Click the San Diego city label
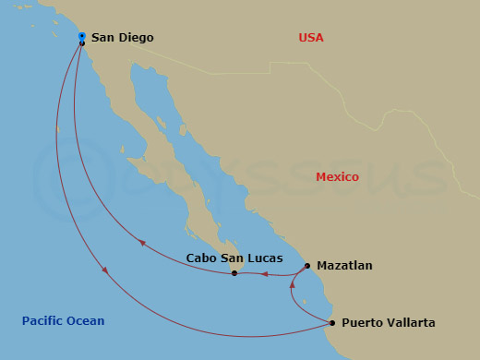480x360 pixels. (x=122, y=38)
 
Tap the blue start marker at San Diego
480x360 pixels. (x=82, y=36)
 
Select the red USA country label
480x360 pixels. (x=311, y=38)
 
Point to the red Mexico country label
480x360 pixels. (x=337, y=177)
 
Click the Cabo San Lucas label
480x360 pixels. (x=234, y=259)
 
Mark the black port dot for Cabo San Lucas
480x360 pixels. (x=234, y=273)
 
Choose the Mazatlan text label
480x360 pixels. (x=344, y=266)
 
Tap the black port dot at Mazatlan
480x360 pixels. (x=307, y=266)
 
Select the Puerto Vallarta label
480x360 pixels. (x=388, y=323)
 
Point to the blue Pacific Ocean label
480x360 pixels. (x=63, y=321)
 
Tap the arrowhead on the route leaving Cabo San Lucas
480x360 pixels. (x=142, y=243)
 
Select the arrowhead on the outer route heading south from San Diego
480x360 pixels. (x=107, y=271)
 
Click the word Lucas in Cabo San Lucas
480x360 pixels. (x=264, y=259)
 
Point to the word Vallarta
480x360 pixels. (x=409, y=323)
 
